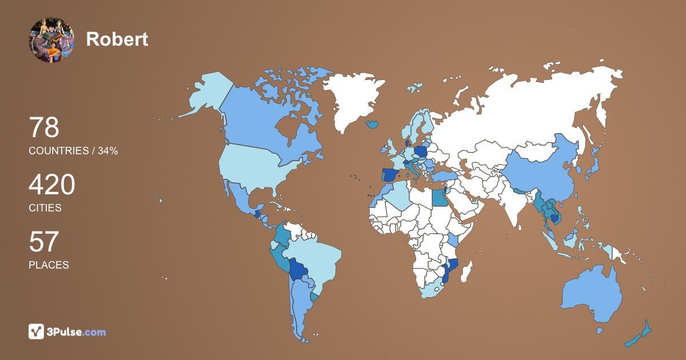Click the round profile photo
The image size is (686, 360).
[51, 39]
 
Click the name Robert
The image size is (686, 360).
[117, 39]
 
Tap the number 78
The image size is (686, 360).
[44, 127]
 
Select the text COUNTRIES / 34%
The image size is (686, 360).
[73, 151]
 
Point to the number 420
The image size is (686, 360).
[51, 185]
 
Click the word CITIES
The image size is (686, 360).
[45, 208]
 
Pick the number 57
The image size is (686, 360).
[44, 242]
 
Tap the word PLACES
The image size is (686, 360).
[49, 265]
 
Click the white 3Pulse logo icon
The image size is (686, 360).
[37, 331]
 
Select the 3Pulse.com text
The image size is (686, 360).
[77, 332]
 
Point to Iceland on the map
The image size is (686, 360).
[373, 123]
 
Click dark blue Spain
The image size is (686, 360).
[391, 175]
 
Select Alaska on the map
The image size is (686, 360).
[206, 94]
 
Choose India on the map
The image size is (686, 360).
[517, 209]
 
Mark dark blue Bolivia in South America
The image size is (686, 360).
[298, 269]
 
